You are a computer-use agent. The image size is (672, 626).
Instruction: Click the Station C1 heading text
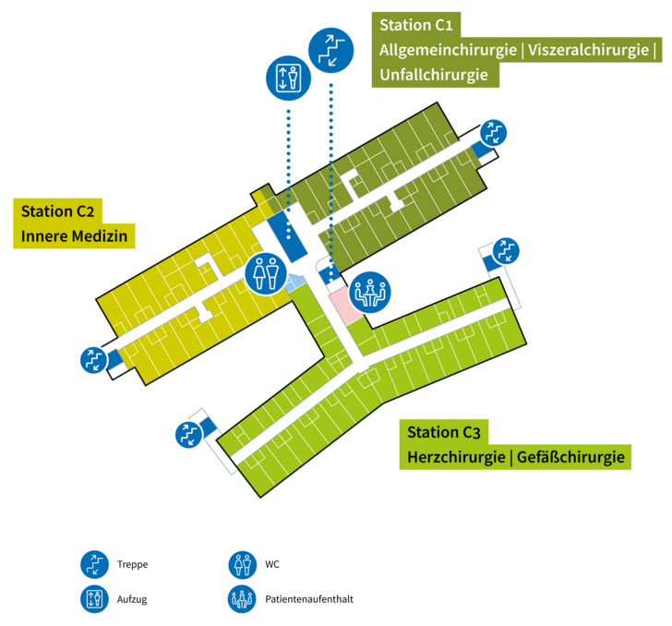click(420, 25)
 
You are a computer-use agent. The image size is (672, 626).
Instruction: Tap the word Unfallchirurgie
click(433, 75)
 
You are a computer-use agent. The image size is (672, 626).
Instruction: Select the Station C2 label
click(59, 211)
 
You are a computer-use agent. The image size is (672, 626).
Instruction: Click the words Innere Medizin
click(74, 236)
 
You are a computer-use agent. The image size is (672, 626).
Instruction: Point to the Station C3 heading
click(445, 432)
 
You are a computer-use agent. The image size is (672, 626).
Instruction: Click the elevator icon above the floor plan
click(289, 77)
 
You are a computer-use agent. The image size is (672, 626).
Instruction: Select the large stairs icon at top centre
click(330, 49)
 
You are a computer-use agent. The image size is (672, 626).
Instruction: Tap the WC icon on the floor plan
click(267, 272)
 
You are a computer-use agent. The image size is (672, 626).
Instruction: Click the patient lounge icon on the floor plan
click(371, 293)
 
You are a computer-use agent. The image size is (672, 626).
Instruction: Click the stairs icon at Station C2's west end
click(94, 359)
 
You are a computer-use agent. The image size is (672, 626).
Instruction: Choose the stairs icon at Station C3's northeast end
click(505, 251)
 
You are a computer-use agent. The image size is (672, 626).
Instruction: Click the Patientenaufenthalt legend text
click(308, 598)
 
